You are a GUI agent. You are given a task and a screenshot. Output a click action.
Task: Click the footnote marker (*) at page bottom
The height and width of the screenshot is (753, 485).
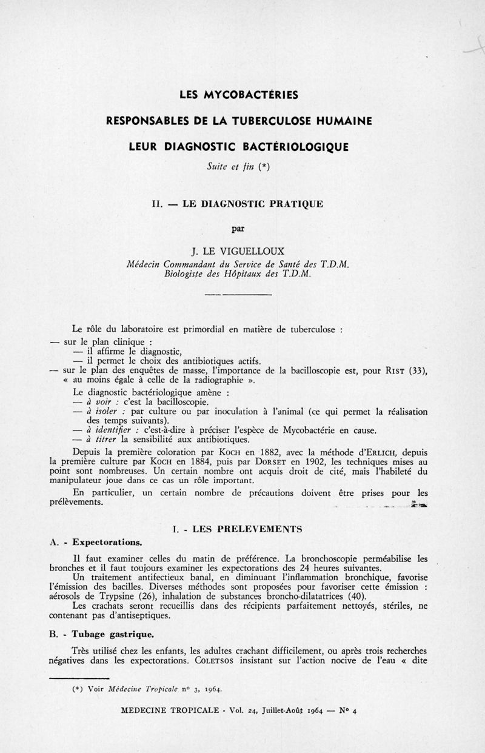click(77, 689)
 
